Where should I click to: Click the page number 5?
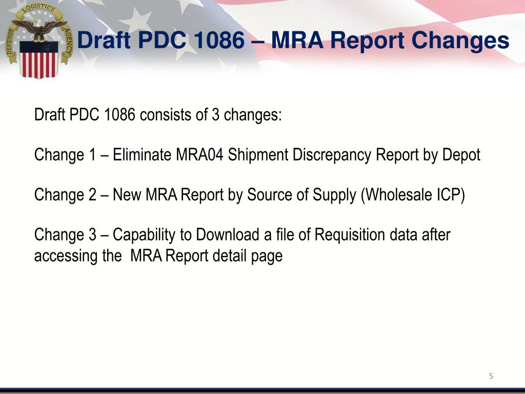pyautogui.click(x=491, y=376)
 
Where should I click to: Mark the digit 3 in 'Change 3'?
pyautogui.click(x=92, y=234)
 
